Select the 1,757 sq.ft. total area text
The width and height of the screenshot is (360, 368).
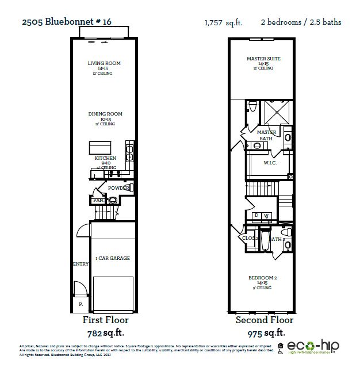[x=223, y=23]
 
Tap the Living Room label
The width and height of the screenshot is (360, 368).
[x=104, y=64]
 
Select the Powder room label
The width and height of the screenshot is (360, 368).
[x=118, y=188]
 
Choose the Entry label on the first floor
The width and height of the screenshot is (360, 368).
[x=80, y=264]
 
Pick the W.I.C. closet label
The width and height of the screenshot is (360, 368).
[x=270, y=163]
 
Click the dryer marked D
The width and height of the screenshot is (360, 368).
[x=256, y=216]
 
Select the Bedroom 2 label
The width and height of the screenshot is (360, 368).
[x=262, y=278]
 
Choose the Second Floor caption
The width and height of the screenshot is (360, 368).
[x=264, y=320]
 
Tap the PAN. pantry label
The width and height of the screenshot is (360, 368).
[x=97, y=200]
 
